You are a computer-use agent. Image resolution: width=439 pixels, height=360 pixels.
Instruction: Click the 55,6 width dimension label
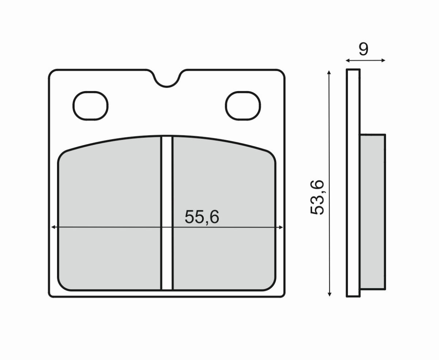(202, 217)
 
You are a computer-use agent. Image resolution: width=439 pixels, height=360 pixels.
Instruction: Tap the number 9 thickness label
(363, 49)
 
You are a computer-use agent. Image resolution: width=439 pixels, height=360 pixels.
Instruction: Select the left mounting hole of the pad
(91, 105)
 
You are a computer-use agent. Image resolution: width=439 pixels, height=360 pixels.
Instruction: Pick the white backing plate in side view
(353, 183)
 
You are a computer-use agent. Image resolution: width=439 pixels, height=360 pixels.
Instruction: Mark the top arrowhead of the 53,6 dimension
(330, 72)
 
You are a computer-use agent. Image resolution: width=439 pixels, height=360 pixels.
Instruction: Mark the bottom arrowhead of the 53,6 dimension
(330, 293)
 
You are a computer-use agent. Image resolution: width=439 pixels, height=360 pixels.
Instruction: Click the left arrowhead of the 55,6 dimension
(53, 227)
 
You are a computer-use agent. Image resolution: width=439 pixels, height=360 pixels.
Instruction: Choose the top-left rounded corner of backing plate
(52, 72)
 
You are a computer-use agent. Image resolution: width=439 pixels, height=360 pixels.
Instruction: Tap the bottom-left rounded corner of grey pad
(62, 286)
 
